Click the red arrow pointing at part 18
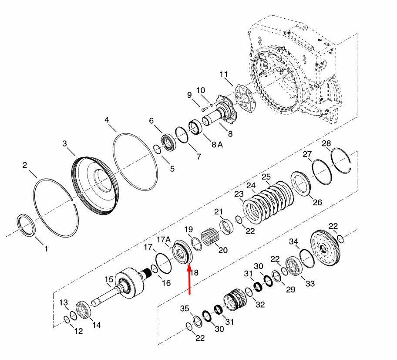[189, 279]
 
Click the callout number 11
[224, 75]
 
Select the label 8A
[217, 145]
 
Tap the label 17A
[164, 239]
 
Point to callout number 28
[326, 143]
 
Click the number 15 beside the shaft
[109, 279]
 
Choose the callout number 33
[310, 283]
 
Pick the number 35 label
[185, 309]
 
